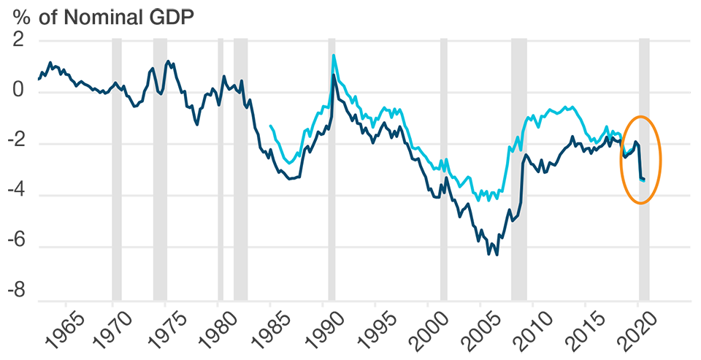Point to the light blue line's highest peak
click(334, 55)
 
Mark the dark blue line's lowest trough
click(497, 254)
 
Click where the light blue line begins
click(271, 126)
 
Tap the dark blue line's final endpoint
click(644, 180)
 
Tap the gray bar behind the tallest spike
click(332, 219)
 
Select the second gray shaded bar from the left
click(160, 183)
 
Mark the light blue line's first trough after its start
click(289, 163)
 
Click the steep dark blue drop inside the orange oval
click(639, 161)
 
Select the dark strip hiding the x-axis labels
click(350, 332)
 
